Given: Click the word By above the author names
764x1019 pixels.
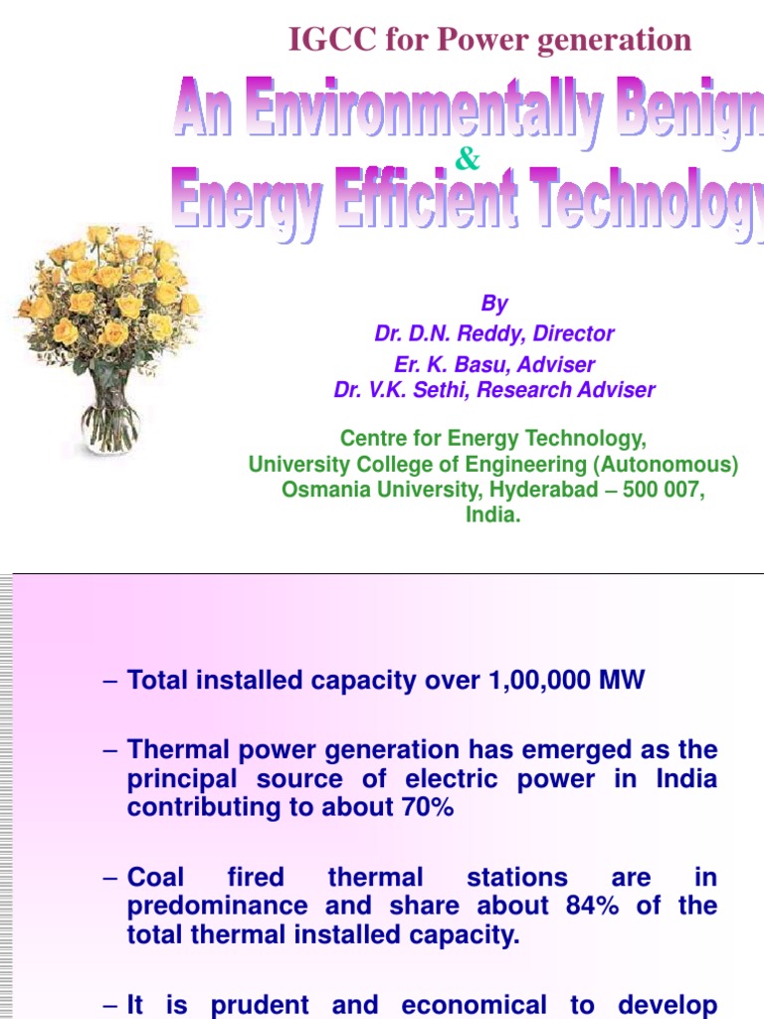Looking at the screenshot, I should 494,305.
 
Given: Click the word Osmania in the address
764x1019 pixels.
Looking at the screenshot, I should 324,491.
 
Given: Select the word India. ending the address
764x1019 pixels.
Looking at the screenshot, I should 493,515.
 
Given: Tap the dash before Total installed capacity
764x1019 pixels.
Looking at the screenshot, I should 110,682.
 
